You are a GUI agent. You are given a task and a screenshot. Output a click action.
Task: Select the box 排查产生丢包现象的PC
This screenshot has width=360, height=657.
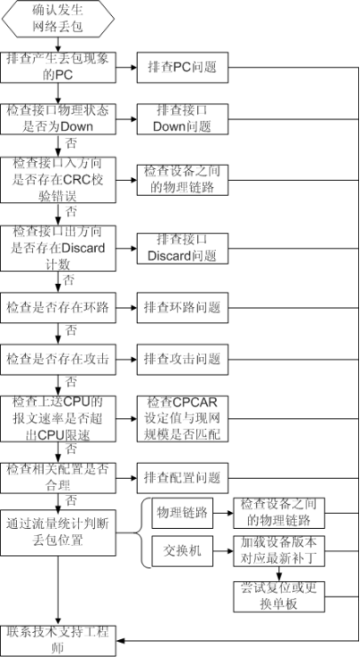58,65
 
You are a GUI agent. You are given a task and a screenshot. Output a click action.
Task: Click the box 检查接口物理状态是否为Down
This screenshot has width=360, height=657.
58,118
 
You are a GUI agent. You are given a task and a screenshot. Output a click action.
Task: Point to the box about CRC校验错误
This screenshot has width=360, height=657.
58,178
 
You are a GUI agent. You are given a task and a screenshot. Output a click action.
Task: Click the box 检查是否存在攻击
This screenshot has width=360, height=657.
58,360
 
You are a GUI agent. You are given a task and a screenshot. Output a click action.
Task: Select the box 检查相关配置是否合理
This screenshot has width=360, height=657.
58,476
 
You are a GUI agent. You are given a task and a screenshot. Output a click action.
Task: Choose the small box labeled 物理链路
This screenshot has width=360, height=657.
179,513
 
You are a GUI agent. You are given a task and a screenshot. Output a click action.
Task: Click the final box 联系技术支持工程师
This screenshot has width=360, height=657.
58,637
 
